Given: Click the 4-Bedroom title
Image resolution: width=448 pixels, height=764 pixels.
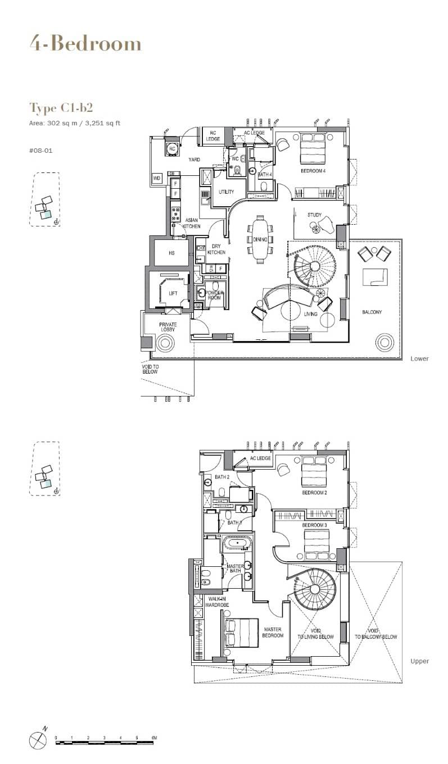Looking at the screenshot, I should (85, 44).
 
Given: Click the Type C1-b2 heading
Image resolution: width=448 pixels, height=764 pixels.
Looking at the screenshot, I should (61, 108).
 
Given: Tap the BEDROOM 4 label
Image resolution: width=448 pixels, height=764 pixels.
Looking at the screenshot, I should (313, 171).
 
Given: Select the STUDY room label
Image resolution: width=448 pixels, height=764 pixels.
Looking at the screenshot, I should (314, 215).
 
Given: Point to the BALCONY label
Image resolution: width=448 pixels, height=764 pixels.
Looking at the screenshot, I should (372, 312).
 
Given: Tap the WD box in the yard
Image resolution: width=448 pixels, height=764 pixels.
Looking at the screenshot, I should (157, 178).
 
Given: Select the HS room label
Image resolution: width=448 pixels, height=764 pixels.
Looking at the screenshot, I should (171, 253).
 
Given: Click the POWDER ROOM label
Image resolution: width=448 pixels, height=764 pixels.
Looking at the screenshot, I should (215, 295).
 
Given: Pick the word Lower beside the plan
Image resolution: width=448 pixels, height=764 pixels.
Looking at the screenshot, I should (419, 358).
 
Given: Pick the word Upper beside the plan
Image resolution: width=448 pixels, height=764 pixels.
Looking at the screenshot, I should (419, 661).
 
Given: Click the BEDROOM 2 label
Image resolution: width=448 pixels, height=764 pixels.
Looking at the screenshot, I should (315, 493).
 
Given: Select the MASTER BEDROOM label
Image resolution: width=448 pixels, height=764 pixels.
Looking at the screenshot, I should (272, 633).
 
